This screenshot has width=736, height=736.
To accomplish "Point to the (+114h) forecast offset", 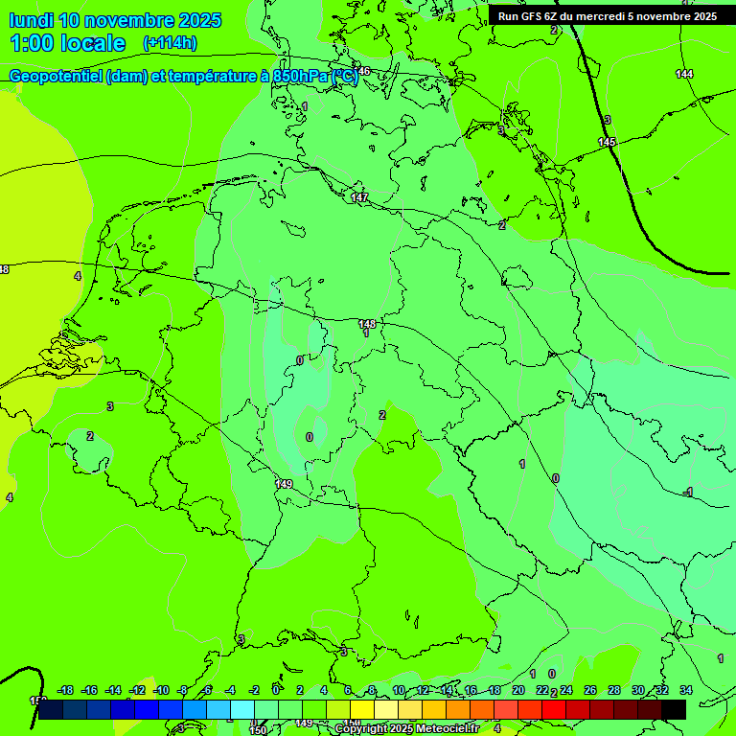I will click(x=170, y=43).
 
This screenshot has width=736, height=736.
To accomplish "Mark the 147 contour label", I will click(x=359, y=197).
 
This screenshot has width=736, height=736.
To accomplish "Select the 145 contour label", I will click(x=607, y=142).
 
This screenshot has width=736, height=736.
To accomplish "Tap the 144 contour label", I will click(x=684, y=74).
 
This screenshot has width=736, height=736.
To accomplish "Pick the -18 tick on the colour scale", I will click(x=66, y=690).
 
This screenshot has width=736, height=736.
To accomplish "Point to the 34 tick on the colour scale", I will click(x=686, y=690).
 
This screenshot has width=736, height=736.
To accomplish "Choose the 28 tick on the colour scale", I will click(x=614, y=690).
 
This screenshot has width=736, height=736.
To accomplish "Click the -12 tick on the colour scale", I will click(x=137, y=690).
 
